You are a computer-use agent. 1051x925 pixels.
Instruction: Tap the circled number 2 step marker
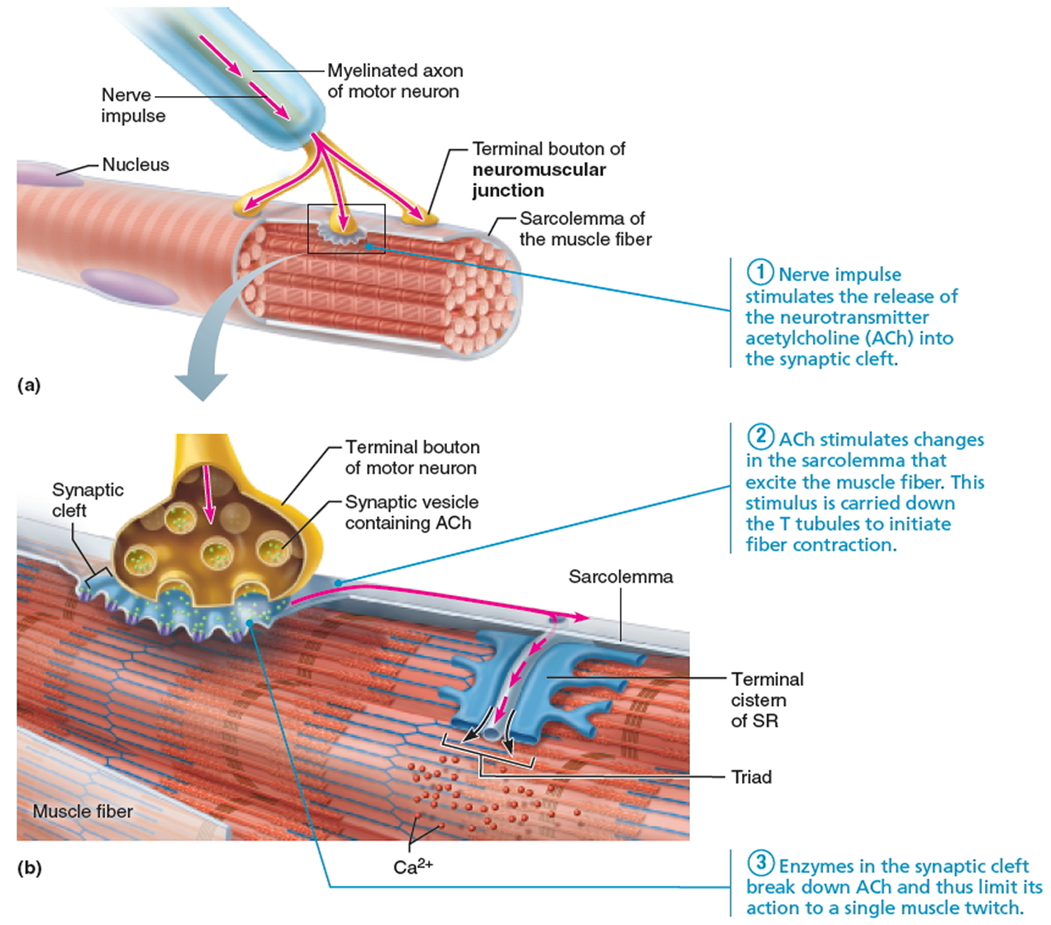click(x=760, y=437)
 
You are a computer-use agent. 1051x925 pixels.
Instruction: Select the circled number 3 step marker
click(x=760, y=863)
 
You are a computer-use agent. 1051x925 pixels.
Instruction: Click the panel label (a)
click(x=29, y=385)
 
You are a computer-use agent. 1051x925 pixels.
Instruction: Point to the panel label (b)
click(x=29, y=868)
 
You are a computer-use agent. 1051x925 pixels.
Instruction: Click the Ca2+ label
click(x=413, y=866)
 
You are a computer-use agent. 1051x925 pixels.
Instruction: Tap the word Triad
click(x=752, y=777)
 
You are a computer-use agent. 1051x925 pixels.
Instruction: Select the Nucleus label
click(x=135, y=165)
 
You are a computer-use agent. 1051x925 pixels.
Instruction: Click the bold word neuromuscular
click(x=539, y=170)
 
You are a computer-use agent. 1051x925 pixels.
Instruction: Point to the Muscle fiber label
click(x=83, y=811)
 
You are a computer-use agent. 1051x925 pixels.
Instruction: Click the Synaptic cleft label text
click(x=88, y=499)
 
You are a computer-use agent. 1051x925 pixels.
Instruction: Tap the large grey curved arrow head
click(x=201, y=386)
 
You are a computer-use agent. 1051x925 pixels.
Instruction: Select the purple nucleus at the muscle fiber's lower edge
click(x=129, y=286)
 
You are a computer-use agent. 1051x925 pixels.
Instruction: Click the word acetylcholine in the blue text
click(x=802, y=338)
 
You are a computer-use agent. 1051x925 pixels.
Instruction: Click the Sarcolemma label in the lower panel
click(x=620, y=576)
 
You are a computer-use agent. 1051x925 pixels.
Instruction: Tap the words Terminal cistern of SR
click(x=767, y=700)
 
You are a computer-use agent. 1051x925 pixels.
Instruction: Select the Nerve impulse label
click(x=133, y=105)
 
